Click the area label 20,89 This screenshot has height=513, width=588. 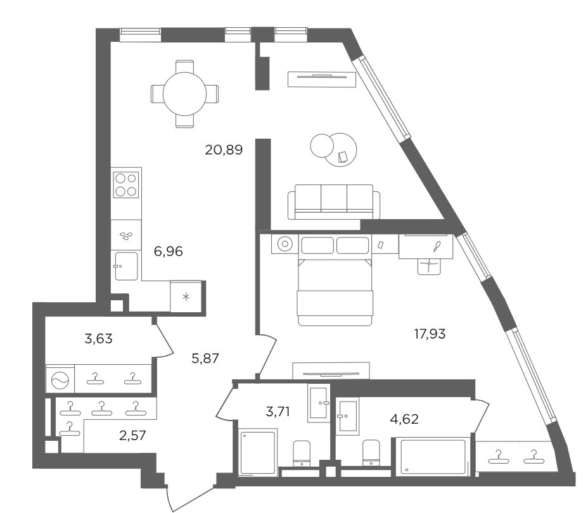(x=224, y=150)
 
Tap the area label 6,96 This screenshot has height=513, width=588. (x=169, y=251)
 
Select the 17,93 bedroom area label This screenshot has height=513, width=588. (x=430, y=333)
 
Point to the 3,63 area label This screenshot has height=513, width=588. (x=98, y=338)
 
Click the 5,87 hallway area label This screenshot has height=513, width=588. (x=205, y=358)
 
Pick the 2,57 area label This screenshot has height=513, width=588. (x=132, y=436)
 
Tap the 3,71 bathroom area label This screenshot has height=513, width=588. (x=278, y=412)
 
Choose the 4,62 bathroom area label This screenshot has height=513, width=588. (x=404, y=419)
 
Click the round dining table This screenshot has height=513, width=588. (x=184, y=94)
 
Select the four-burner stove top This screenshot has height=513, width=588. (x=126, y=185)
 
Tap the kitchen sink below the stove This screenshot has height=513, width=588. (x=126, y=266)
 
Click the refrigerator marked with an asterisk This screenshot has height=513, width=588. (x=186, y=296)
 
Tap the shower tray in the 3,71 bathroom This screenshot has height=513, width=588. (x=258, y=453)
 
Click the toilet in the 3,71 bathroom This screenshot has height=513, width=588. (x=302, y=453)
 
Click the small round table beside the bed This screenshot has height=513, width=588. (x=285, y=244)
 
